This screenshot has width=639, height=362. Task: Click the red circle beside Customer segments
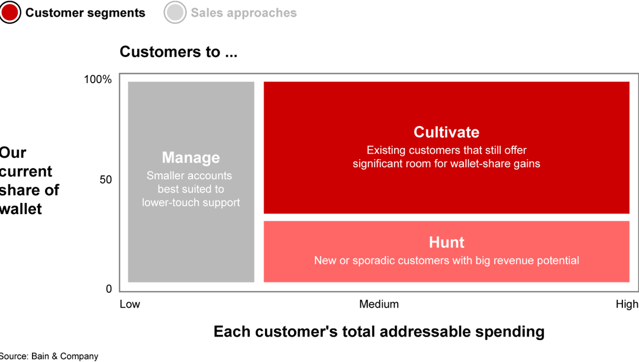point(10,12)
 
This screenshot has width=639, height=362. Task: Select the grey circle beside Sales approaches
point(175,12)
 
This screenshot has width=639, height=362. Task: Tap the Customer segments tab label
point(85,13)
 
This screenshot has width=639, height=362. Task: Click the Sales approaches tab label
point(244,13)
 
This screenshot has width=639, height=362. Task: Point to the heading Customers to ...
point(179,51)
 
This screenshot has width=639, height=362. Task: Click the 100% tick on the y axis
point(98,79)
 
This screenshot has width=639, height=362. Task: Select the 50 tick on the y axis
point(105,180)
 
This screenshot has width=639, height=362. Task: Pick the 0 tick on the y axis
point(109,289)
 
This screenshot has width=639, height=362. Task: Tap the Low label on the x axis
point(130,304)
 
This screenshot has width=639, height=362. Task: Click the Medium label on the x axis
point(379,304)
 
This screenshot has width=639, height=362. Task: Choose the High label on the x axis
point(627,304)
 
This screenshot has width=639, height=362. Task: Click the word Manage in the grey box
point(191,157)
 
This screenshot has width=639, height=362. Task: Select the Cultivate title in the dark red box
point(447,132)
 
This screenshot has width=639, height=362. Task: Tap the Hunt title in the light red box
point(447,243)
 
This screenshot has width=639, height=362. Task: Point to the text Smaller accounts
point(189,176)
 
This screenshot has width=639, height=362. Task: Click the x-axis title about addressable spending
point(379,331)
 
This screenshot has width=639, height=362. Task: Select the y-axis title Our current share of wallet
point(30,181)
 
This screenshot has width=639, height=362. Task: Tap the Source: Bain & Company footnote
point(49,356)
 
